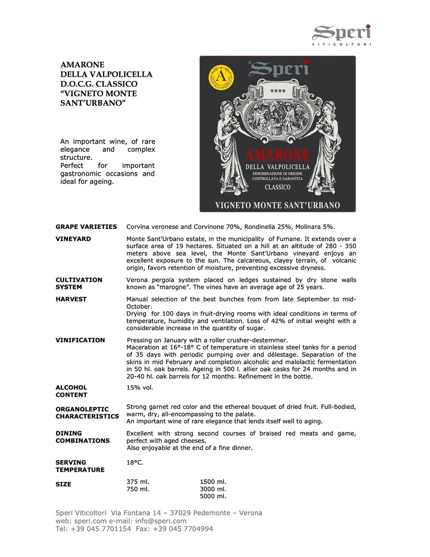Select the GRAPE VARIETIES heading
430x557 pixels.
click(x=86, y=226)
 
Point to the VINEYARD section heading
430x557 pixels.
click(x=73, y=239)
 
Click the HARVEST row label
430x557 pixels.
click(x=71, y=299)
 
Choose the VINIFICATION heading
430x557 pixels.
click(x=80, y=340)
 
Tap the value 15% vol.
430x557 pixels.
click(x=140, y=387)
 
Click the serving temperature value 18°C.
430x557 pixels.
click(x=135, y=462)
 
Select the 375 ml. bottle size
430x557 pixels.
click(x=138, y=481)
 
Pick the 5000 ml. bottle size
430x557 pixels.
click(x=213, y=496)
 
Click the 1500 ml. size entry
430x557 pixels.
click(x=213, y=481)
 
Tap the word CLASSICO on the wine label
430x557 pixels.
click(x=277, y=187)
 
